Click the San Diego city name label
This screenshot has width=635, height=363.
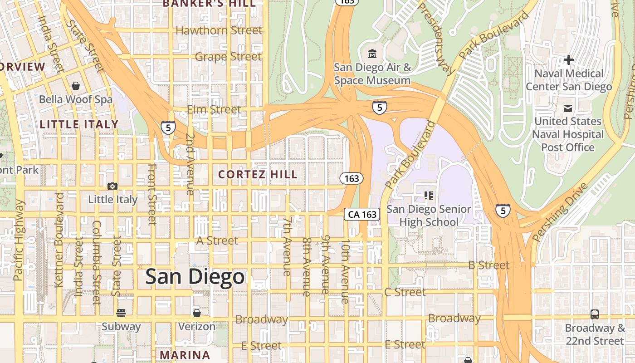(195, 277)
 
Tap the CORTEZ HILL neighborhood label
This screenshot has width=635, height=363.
(258, 175)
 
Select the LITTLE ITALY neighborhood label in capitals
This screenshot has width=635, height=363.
(79, 124)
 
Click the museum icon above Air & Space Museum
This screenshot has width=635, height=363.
(372, 54)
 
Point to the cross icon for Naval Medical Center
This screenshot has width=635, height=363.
(569, 60)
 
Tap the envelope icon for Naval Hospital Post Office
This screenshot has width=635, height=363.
(567, 108)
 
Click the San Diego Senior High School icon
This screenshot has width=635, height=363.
(428, 196)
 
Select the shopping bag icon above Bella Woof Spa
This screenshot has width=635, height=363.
(76, 86)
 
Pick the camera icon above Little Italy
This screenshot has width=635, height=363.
(112, 186)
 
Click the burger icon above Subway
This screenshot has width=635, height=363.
(121, 313)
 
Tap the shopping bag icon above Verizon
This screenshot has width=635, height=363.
(196, 313)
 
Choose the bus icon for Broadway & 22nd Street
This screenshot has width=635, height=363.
(594, 314)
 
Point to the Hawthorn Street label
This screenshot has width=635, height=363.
(219, 30)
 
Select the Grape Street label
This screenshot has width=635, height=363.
(228, 57)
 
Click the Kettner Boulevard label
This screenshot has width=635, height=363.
(59, 240)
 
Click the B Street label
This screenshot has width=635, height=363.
(488, 265)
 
